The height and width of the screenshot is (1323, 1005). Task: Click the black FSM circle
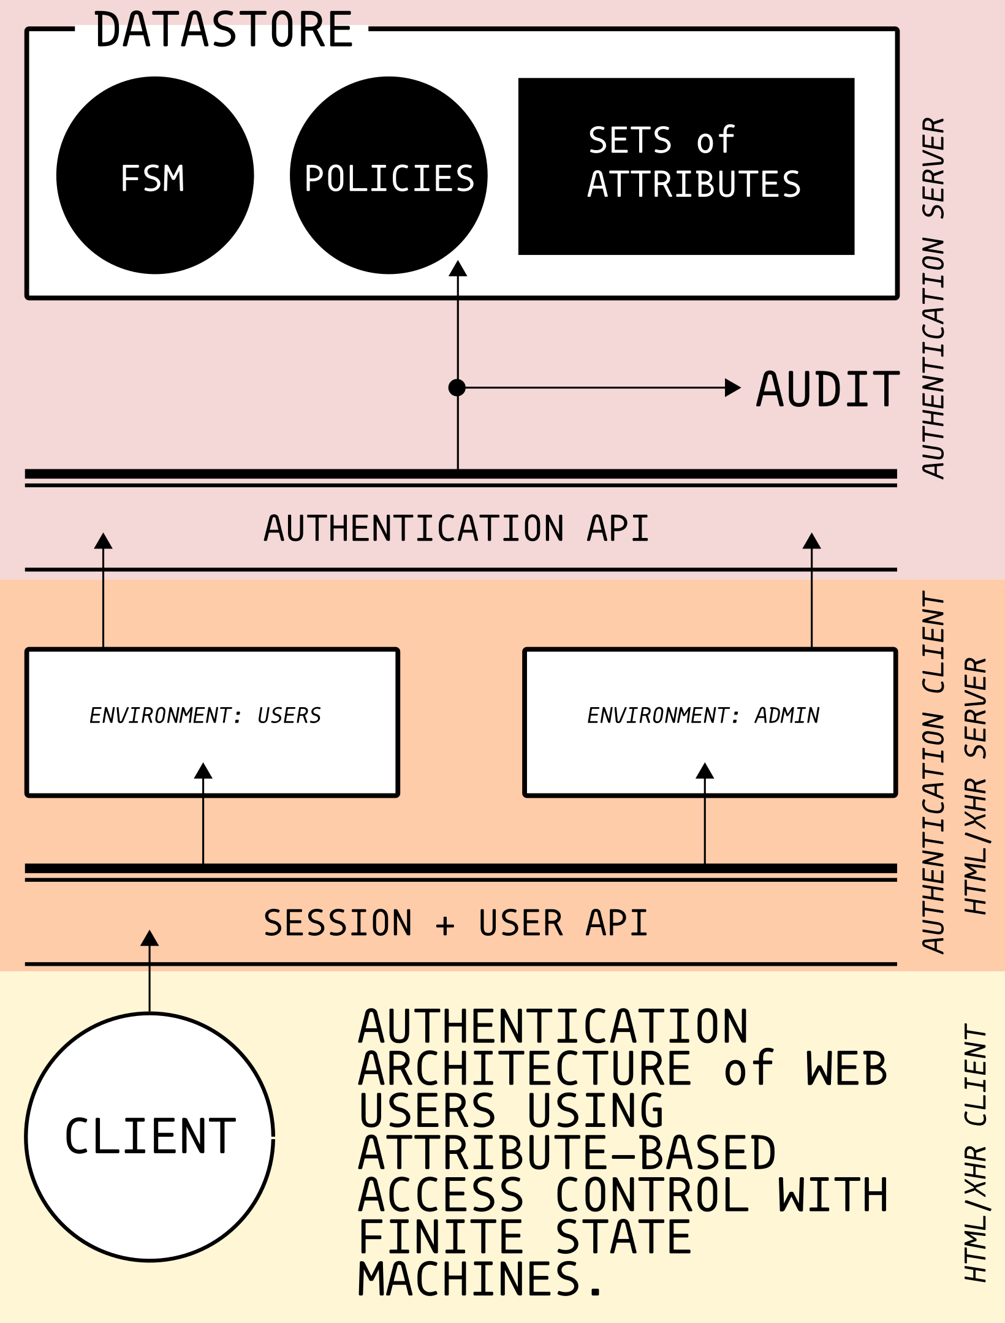(x=154, y=175)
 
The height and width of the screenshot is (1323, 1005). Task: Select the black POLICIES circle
(x=389, y=175)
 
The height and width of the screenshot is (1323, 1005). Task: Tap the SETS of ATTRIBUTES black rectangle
(x=686, y=166)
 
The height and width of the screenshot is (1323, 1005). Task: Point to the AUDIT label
(x=827, y=389)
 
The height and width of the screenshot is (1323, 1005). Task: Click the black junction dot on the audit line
(x=457, y=388)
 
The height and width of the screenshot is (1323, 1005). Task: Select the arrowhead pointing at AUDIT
(x=732, y=388)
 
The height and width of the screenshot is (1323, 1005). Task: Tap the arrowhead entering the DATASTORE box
(x=458, y=269)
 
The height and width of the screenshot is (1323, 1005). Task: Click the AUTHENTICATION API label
(x=457, y=528)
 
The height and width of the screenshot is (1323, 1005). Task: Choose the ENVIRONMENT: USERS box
(x=212, y=722)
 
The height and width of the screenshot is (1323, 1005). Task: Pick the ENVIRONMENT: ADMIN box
(x=710, y=722)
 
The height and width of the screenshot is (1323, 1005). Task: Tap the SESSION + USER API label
(x=455, y=923)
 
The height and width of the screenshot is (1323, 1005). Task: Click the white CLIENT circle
(x=150, y=1137)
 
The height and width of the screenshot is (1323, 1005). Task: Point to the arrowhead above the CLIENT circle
(x=150, y=939)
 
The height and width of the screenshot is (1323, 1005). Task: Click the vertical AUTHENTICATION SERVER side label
(x=934, y=298)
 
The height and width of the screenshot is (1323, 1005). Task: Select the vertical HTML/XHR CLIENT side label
(x=976, y=1153)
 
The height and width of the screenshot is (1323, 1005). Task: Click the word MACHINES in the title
(x=469, y=1279)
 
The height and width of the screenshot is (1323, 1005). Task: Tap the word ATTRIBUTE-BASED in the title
(x=567, y=1153)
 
